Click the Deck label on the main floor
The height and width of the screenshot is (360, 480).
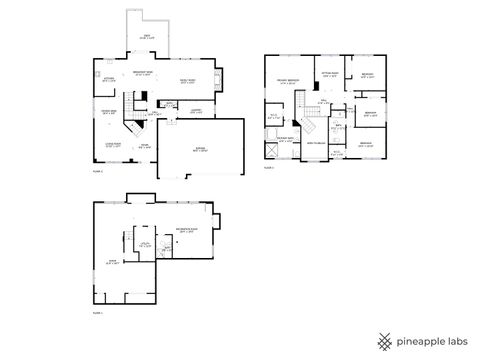coord(146,38)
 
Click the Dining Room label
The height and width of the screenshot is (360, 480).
coord(107,113)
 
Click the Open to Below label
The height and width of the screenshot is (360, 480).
coord(317,144)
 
